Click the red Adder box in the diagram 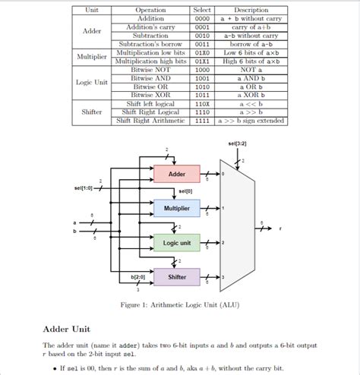pos(177,174)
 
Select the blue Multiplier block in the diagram pos(177,208)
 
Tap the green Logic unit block pos(177,243)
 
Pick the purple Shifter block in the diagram pos(177,277)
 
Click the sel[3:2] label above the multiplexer pos(236,143)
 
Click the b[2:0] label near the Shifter pos(137,277)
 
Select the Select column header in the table pos(202,10)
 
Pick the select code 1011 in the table pos(202,95)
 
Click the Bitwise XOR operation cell pos(150,95)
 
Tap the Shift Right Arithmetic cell pos(150,121)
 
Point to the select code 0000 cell pos(202,18)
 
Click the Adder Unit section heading pos(68,330)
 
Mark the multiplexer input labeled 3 pos(223,277)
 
